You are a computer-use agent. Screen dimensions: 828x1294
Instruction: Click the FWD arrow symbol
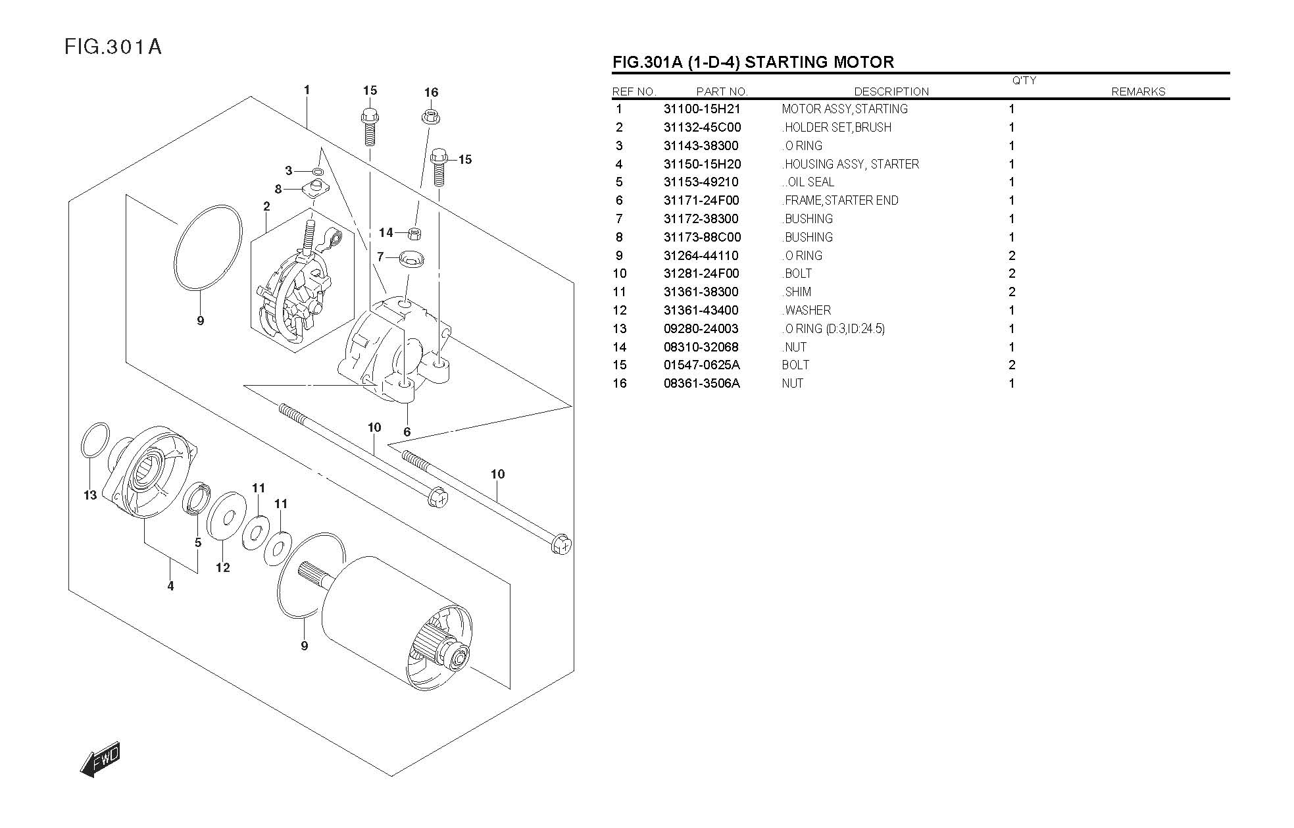coord(100,760)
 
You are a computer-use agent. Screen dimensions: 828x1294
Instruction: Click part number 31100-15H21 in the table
coord(701,109)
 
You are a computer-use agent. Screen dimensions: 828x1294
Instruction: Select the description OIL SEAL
coord(810,182)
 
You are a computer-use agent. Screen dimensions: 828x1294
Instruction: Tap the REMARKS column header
coord(1137,92)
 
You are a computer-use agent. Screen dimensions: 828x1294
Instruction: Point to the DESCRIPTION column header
coord(891,92)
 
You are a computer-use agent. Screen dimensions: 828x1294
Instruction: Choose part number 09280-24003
coord(701,329)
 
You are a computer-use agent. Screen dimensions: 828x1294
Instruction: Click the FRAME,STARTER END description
coord(841,201)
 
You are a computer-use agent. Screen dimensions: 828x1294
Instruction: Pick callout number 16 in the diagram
coord(431,93)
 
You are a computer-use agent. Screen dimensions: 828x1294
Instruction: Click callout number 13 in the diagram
coord(90,496)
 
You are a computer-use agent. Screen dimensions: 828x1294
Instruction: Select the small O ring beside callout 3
coord(318,172)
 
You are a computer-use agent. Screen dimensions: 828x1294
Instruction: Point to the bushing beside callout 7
coord(412,257)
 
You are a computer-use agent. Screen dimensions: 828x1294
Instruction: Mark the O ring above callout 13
coord(95,440)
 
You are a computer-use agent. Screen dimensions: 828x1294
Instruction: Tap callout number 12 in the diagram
coord(223,567)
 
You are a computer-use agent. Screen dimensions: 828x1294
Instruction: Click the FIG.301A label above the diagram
coord(113,47)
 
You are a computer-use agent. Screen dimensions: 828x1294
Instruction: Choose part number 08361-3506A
coord(701,384)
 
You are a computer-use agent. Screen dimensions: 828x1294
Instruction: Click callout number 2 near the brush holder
coord(266,207)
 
